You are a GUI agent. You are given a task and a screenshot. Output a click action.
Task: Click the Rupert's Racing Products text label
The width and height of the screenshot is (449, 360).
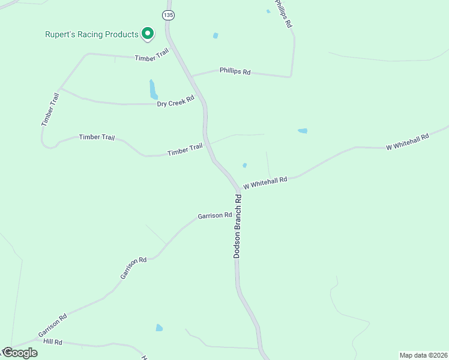tap(92, 34)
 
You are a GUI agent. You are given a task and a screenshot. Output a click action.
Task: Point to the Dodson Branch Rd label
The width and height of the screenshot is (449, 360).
tap(238, 226)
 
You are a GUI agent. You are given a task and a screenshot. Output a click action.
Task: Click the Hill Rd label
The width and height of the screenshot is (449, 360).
tap(53, 341)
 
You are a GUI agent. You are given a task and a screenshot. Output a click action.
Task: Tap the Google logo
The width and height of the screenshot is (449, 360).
tap(19, 353)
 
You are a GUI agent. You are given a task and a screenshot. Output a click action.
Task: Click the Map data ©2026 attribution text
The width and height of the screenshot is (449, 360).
tap(424, 355)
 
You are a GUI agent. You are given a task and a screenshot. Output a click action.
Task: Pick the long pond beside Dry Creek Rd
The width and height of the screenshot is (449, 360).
tap(153, 89)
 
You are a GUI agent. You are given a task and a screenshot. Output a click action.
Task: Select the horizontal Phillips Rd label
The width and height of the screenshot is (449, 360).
tap(235, 71)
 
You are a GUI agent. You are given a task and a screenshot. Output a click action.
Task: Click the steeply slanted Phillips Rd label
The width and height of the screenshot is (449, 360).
tap(283, 14)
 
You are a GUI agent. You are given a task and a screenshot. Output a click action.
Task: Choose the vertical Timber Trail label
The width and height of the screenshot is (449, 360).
tap(50, 109)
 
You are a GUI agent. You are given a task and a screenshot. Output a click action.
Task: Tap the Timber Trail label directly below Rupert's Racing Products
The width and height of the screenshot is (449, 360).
tap(152, 58)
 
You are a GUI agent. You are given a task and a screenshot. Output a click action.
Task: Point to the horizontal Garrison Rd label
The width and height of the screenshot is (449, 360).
tap(215, 215)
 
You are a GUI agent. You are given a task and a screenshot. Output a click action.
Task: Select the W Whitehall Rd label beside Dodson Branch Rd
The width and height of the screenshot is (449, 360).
tap(265, 182)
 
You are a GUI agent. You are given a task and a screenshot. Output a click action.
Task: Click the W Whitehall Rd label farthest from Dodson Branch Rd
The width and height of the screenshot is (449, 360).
tap(408, 142)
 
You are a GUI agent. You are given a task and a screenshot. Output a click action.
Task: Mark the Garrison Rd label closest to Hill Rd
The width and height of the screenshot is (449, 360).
tap(52, 325)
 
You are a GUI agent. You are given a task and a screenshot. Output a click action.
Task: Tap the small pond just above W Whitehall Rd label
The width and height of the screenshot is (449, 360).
tap(244, 166)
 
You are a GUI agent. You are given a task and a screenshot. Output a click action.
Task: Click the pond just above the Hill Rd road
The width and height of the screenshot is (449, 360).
tap(159, 328)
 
